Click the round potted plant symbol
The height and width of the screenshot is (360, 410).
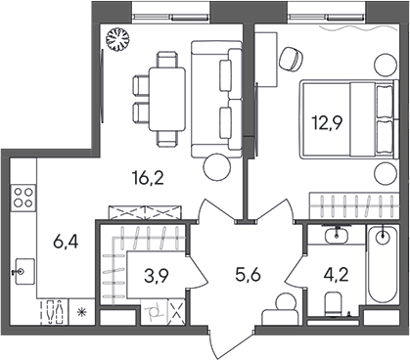click(117, 40)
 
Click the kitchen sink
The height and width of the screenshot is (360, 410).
click(22, 265)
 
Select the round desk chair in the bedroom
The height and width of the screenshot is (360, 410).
click(292, 58)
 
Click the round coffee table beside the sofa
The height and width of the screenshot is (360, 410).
click(214, 167)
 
